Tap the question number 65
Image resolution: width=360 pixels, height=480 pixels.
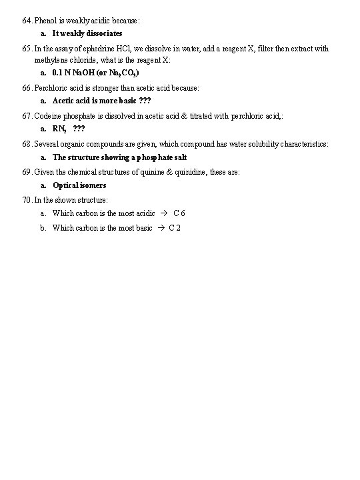click(x=26, y=49)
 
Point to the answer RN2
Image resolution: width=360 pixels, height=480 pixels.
click(x=60, y=129)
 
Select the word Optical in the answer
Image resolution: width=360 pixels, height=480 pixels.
click(x=65, y=185)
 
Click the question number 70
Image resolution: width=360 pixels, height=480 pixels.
click(x=26, y=199)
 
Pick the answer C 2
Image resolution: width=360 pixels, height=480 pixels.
click(x=175, y=228)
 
